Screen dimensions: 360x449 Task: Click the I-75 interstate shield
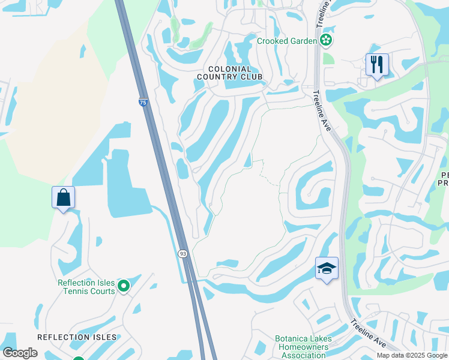tap(142, 103)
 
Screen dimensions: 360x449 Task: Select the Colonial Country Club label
tap(230, 73)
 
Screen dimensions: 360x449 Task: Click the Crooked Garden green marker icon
tap(326, 41)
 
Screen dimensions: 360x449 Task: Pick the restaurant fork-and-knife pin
tap(377, 65)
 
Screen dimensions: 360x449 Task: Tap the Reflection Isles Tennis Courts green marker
tap(124, 286)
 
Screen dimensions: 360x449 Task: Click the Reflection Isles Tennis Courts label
tap(86, 287)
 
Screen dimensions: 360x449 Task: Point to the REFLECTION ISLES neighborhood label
tap(77, 337)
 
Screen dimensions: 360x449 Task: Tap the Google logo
tap(20, 353)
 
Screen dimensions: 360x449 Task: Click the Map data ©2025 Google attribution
tap(412, 355)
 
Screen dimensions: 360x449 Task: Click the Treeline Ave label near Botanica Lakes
tap(369, 332)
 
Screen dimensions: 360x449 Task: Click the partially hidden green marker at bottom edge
tap(79, 358)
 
